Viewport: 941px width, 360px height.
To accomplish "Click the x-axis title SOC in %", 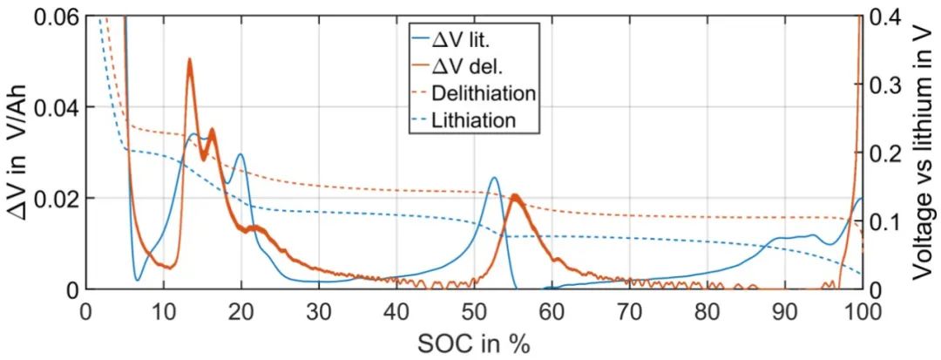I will (474, 343).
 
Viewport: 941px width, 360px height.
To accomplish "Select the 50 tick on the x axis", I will (474, 312).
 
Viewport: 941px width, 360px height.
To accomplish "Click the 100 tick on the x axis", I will (861, 312).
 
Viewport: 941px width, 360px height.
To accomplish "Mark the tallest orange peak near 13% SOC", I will (189, 60).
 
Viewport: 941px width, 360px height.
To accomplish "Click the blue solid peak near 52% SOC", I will (494, 178).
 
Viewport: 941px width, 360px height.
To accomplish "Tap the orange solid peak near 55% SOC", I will (514, 196).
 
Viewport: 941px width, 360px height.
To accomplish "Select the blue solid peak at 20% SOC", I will (240, 155).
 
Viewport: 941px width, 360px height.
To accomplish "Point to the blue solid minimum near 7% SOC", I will (138, 279).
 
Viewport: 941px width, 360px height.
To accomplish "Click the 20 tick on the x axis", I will (240, 312).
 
